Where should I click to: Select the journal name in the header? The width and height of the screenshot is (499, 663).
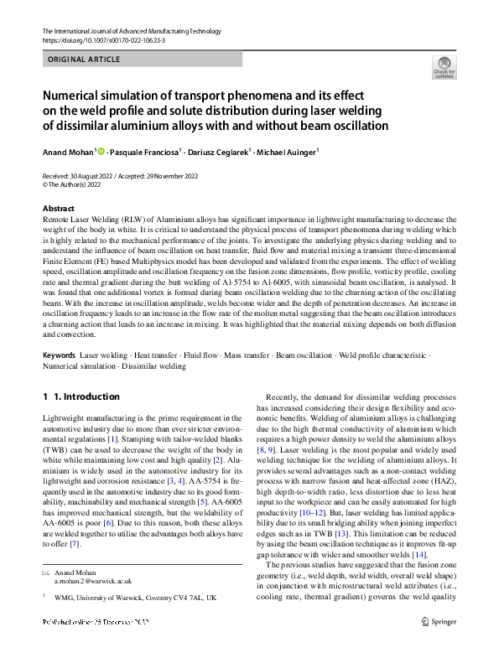[x=131, y=32]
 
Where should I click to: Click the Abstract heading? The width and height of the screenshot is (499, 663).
[x=58, y=209]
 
